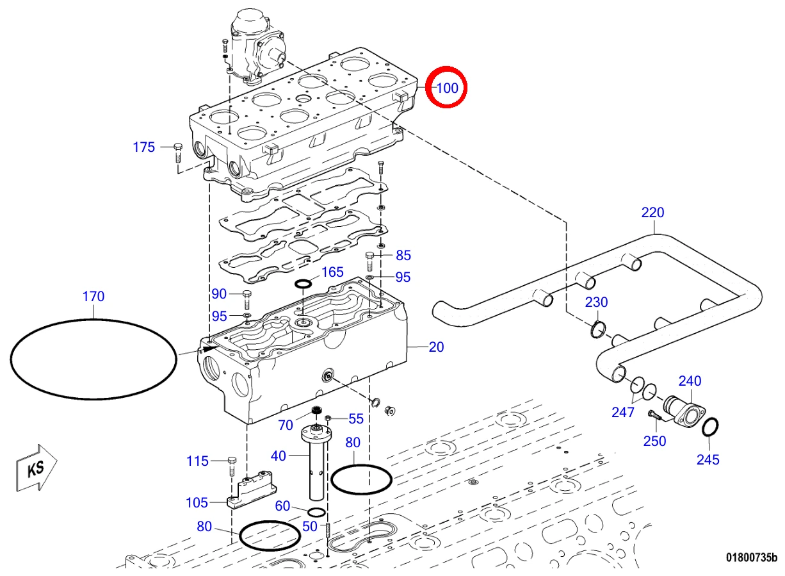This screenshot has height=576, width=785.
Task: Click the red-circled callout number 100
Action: pos(448,88)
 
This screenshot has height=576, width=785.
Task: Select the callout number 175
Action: pos(143,147)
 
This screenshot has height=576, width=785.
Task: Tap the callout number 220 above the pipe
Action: pos(653,213)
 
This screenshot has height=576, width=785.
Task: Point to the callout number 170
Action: pos(93,297)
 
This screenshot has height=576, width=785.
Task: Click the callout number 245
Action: pos(708,459)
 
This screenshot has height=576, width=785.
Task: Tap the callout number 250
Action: pos(654,441)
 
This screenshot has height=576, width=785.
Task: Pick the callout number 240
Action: pos(690,381)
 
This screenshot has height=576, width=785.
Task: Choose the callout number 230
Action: pos(597,302)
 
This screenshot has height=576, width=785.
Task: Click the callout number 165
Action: pos(332,272)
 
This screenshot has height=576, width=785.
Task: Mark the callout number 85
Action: pos(403,256)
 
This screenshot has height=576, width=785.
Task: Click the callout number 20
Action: pos(436,347)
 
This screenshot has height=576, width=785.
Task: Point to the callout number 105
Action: pos(197,503)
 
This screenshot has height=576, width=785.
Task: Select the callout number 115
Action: pos(197,461)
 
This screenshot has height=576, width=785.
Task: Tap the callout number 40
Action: pos(279,456)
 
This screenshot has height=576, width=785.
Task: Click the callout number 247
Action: pos(623,412)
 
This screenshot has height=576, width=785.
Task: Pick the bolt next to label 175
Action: pos(178,153)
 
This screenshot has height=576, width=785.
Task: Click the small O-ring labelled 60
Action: pos(316,512)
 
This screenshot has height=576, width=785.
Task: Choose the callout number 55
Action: pos(356,418)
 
